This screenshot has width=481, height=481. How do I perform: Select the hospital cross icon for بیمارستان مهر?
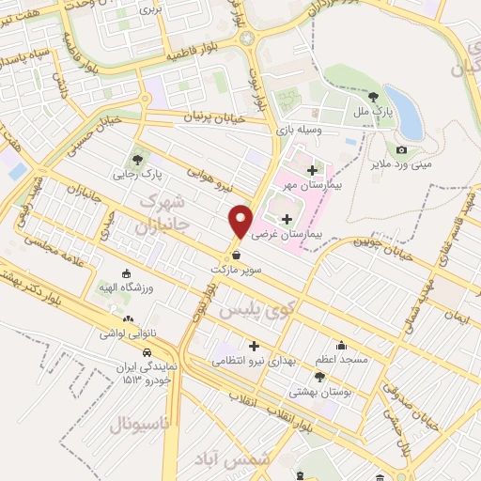[x=313, y=170]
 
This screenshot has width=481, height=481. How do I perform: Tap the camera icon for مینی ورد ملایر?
[x=402, y=150]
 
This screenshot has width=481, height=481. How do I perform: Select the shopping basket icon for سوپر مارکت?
[x=236, y=255]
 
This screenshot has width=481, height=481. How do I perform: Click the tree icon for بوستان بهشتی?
[x=319, y=377]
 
